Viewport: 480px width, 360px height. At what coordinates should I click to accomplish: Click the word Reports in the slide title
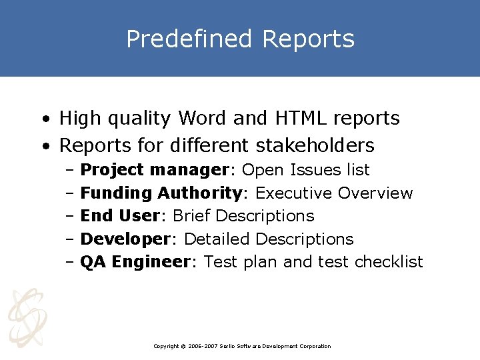point(308,39)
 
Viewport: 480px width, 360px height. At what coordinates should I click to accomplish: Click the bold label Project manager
point(155,170)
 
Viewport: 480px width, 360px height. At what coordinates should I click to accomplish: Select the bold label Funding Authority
point(160,193)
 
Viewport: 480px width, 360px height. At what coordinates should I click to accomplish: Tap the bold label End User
point(119,216)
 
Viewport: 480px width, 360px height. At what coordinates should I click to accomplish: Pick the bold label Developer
point(125,239)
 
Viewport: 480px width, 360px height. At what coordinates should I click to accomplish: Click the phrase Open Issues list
point(305,170)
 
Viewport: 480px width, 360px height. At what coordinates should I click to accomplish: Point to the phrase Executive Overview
point(334,193)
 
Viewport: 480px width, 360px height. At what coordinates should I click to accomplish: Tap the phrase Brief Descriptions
point(243,216)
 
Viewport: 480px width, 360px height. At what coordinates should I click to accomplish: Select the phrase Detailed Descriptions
point(269,239)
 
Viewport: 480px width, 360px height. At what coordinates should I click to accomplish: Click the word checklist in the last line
point(389,262)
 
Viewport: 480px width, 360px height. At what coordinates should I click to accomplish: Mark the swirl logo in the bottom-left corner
point(27,317)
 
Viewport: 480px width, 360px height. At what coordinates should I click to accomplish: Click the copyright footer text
point(241,346)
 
